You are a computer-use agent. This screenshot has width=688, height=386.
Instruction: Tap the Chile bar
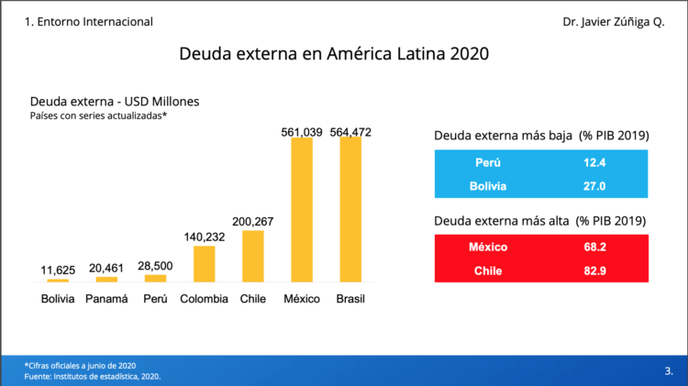click(253, 256)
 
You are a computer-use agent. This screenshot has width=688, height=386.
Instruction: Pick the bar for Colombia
click(204, 263)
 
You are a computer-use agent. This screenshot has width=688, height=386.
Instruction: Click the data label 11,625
click(58, 270)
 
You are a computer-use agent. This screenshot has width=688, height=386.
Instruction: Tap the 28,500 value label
click(155, 266)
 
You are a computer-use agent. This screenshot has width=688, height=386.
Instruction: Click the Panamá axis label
click(106, 299)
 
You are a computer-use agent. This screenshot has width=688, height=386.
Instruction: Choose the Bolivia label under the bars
click(58, 299)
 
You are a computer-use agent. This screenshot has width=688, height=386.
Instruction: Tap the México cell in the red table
click(488, 247)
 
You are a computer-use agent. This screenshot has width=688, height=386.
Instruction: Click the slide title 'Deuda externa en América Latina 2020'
click(334, 54)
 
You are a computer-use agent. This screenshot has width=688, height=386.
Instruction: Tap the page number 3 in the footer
click(667, 371)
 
